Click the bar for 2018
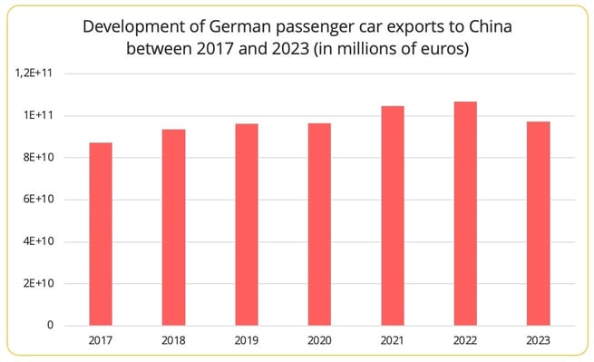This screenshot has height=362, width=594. (x=173, y=227)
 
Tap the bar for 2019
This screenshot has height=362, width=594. (x=247, y=224)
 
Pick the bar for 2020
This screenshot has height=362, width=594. (x=319, y=224)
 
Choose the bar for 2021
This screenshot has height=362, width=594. (x=393, y=215)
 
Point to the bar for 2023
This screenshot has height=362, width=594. (x=538, y=223)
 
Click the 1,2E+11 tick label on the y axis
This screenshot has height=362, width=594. (x=36, y=73)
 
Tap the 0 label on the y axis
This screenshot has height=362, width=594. (x=51, y=325)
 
